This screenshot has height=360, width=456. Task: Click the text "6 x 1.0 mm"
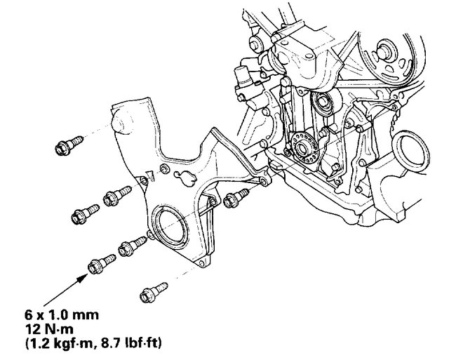click(62, 315)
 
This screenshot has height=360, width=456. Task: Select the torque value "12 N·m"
click(49, 329)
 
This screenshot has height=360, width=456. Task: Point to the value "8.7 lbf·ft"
click(131, 344)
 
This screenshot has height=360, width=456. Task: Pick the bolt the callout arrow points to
click(102, 264)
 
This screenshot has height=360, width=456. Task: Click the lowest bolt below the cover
click(153, 293)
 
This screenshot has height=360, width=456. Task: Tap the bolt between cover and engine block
click(236, 198)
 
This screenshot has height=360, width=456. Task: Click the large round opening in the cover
click(170, 224)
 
